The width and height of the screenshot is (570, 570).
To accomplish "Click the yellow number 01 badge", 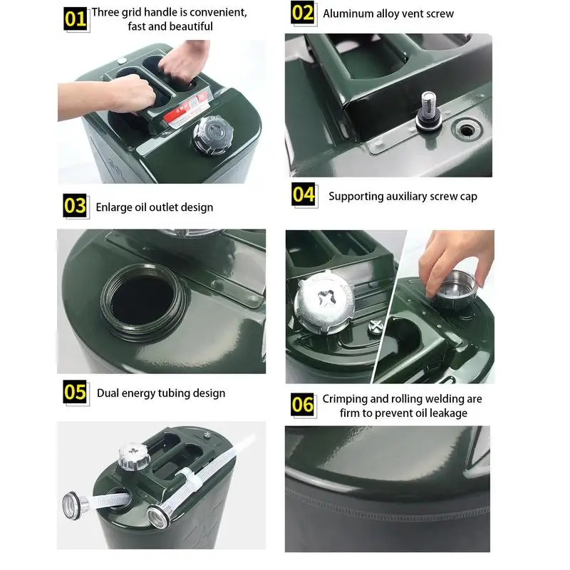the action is (x=76, y=19).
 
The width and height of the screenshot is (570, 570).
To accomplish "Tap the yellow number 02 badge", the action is (x=302, y=12).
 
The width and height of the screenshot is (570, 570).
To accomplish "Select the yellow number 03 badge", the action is (x=75, y=205).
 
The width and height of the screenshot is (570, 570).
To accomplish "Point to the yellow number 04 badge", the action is (x=304, y=194).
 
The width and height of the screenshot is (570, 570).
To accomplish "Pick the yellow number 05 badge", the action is (x=75, y=392).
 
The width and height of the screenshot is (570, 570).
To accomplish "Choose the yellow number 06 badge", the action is (x=302, y=404).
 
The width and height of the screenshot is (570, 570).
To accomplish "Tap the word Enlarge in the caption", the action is (x=114, y=207).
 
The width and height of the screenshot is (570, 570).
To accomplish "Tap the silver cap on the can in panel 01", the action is (x=213, y=135).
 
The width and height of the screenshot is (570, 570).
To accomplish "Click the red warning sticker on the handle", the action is (x=186, y=110).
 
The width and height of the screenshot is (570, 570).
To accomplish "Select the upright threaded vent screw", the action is (x=429, y=110).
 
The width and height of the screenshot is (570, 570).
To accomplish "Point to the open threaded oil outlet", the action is (x=145, y=302).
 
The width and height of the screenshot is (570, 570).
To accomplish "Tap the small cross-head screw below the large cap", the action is (x=375, y=326).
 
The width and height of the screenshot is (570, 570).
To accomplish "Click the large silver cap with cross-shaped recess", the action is (x=324, y=301).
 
